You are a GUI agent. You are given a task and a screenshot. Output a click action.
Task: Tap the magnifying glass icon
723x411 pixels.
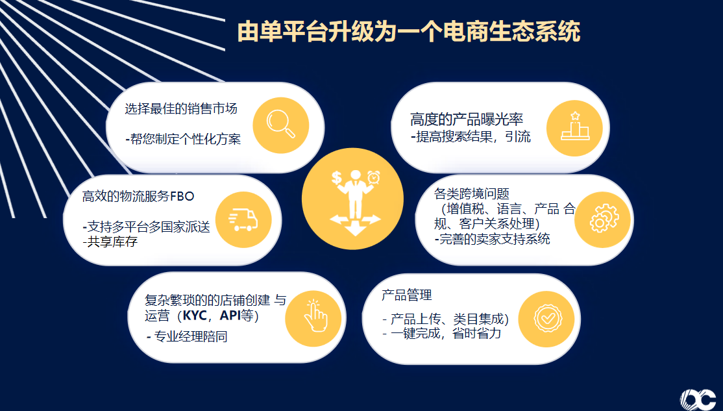pos(280,123)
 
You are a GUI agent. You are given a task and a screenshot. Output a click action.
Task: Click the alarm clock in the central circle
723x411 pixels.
pos(373,176)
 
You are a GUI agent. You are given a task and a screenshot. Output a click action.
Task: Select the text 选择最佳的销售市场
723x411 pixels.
pos(181,108)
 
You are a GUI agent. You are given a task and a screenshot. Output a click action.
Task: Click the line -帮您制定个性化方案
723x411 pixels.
pos(183,139)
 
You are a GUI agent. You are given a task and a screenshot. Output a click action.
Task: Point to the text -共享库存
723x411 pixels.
pos(110,242)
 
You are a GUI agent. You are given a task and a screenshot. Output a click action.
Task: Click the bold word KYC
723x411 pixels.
pos(198,316)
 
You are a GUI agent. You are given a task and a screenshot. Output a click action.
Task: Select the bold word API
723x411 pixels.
pos(231,316)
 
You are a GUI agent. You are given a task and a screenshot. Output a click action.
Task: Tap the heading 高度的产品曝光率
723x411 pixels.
pos(467,119)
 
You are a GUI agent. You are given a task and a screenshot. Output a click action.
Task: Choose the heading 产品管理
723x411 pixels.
pos(406,295)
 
